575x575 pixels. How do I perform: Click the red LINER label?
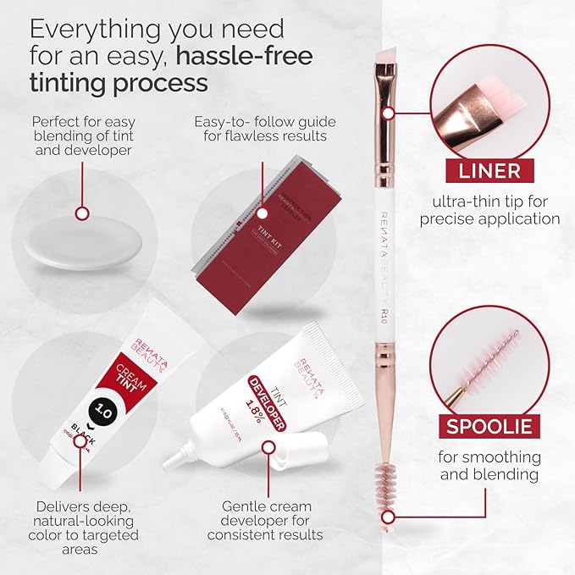pos(484,170)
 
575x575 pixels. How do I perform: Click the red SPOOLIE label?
pos(484,424)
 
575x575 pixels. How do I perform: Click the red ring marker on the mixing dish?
pos(82,213)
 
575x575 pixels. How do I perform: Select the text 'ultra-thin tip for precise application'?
pos(484,210)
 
